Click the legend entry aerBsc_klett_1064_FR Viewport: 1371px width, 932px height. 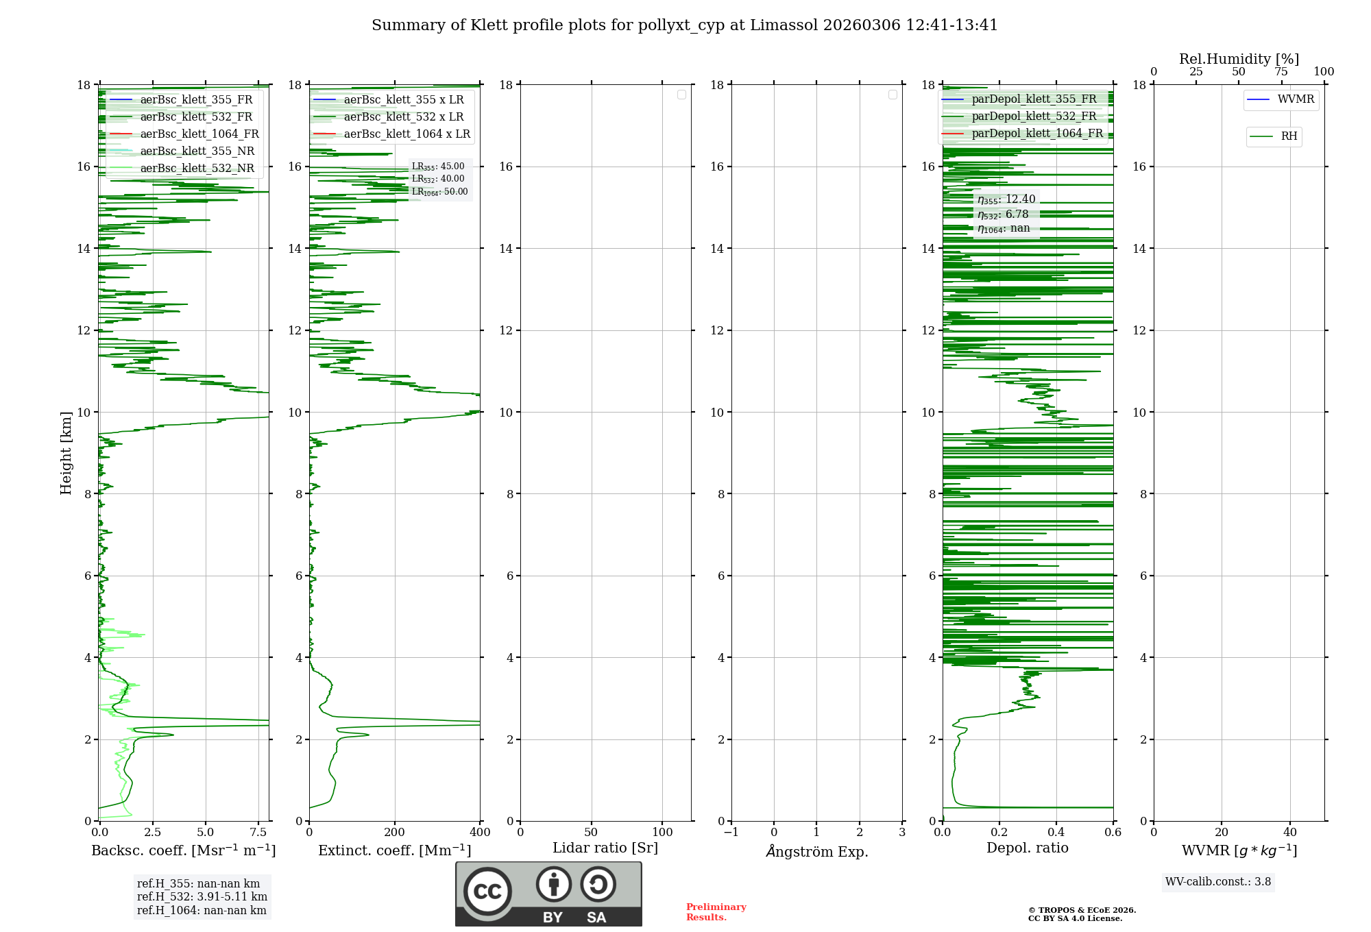pos(199,134)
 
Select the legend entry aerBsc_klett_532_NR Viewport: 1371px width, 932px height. pos(197,169)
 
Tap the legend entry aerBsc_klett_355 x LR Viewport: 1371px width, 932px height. pos(403,100)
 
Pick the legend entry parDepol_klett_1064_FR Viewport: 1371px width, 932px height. pos(1036,134)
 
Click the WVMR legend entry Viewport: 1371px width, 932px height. pos(1295,99)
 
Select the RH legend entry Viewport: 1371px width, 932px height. pos(1289,136)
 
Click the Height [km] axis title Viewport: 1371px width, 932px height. pos(66,452)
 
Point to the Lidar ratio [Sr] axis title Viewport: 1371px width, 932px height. pos(605,848)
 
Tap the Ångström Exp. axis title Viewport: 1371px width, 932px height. pos(816,852)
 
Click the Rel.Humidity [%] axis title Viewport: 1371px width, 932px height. pos(1239,59)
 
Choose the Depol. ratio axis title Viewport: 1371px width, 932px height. pos(1027,848)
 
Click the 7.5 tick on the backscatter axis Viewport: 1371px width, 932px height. pos(258,833)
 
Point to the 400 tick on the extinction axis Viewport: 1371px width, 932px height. pos(480,833)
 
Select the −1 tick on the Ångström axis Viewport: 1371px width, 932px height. pos(731,833)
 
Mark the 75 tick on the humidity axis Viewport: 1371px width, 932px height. pos(1281,72)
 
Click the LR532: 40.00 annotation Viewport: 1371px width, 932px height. pos(438,179)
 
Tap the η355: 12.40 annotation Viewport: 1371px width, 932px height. pos(1006,199)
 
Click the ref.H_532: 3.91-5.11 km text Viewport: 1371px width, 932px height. pos(202,897)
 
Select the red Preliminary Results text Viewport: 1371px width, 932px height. pos(716,912)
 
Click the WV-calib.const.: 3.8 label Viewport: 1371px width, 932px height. pos(1217,882)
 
